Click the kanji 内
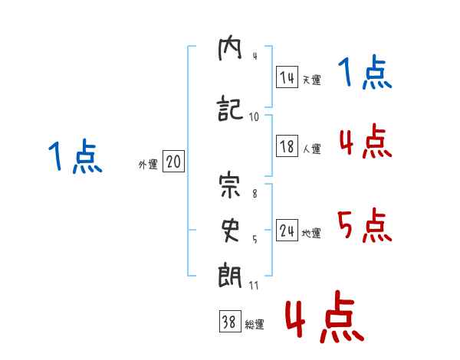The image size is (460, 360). point(230,49)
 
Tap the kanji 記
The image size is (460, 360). point(230,108)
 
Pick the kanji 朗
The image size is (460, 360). point(230,276)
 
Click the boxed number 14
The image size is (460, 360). point(287,77)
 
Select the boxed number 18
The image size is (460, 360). point(287,146)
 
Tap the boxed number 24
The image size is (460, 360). point(287,230)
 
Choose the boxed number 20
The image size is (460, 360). point(173,161)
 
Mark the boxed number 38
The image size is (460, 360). point(230,321)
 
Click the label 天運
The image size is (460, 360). point(312,80)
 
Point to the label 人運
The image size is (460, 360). point(312,149)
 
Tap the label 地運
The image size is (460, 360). point(311,233)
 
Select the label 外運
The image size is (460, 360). point(148,164)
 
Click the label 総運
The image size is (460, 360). point(255,324)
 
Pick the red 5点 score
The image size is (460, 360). point(365,225)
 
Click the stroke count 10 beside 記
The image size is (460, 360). point(254,117)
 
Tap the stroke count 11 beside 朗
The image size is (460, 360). point(254,285)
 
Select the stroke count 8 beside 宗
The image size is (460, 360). point(255,194)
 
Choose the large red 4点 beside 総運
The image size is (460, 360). point(325,316)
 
